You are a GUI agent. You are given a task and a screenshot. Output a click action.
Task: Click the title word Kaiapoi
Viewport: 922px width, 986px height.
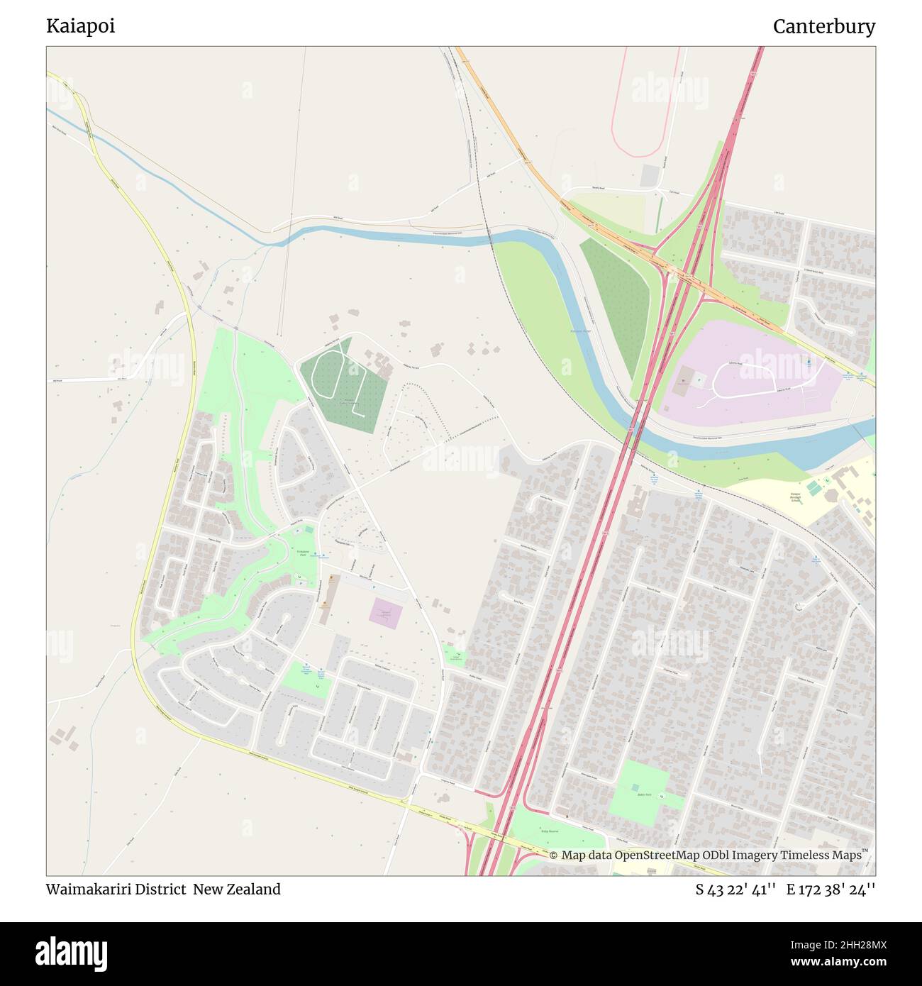click(81, 26)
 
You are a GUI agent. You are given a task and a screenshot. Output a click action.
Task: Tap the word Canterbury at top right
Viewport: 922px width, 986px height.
click(823, 26)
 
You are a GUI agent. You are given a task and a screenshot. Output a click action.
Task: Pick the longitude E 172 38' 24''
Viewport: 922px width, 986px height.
click(831, 889)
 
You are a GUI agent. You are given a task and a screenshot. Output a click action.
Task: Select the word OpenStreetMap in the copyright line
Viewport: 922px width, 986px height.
click(650, 855)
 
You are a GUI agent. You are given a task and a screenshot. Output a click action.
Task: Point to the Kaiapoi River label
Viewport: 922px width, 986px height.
click(580, 331)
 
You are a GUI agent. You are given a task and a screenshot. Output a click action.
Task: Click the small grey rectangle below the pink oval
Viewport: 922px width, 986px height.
click(649, 176)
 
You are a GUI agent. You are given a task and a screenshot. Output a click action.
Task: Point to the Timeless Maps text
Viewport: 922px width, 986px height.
click(821, 855)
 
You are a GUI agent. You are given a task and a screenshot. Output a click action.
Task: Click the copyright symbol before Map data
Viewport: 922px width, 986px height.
click(554, 855)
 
